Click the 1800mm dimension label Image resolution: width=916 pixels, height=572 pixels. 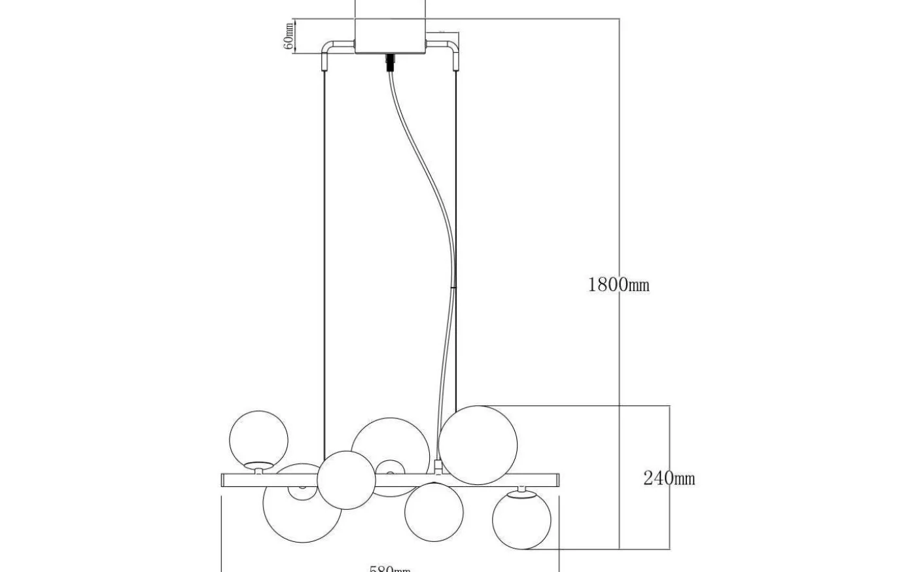[x=618, y=284]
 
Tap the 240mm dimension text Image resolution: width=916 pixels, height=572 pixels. [x=669, y=479]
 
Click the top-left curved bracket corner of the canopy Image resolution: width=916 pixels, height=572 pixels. [x=328, y=47]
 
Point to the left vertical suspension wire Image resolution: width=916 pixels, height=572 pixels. [x=325, y=261]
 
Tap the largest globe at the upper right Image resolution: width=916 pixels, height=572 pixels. [x=478, y=445]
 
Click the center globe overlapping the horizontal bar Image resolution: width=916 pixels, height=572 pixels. [x=346, y=480]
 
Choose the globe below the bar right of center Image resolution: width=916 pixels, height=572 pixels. [x=434, y=512]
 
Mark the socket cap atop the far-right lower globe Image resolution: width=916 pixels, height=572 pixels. [x=521, y=490]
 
